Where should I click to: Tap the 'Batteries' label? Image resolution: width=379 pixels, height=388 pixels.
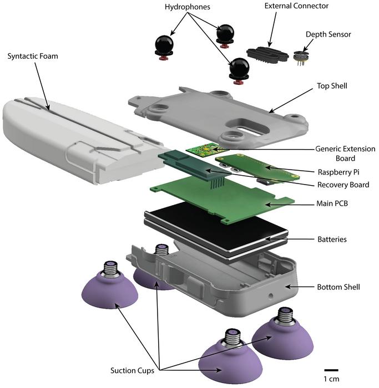tap(332, 239)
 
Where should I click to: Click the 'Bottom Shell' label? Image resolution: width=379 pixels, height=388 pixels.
tap(338, 287)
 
